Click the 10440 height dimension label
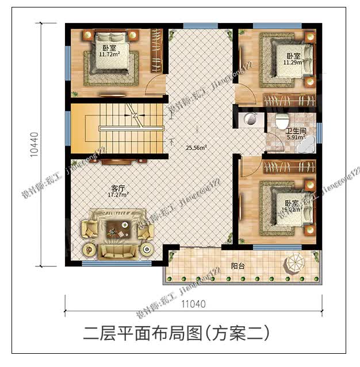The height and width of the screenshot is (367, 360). coord(35,144)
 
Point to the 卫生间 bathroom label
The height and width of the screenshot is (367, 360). coord(297,131)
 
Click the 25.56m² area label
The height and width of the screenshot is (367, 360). coord(196,147)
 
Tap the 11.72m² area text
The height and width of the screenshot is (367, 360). coord(109,55)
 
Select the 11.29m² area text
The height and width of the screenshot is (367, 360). coord(293,63)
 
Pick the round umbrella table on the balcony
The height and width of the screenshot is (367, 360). coord(294,265)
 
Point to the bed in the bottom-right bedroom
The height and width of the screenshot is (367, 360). coord(286,207)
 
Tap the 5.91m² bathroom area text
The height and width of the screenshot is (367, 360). coord(296,137)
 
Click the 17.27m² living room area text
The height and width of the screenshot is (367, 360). coord(117,194)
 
